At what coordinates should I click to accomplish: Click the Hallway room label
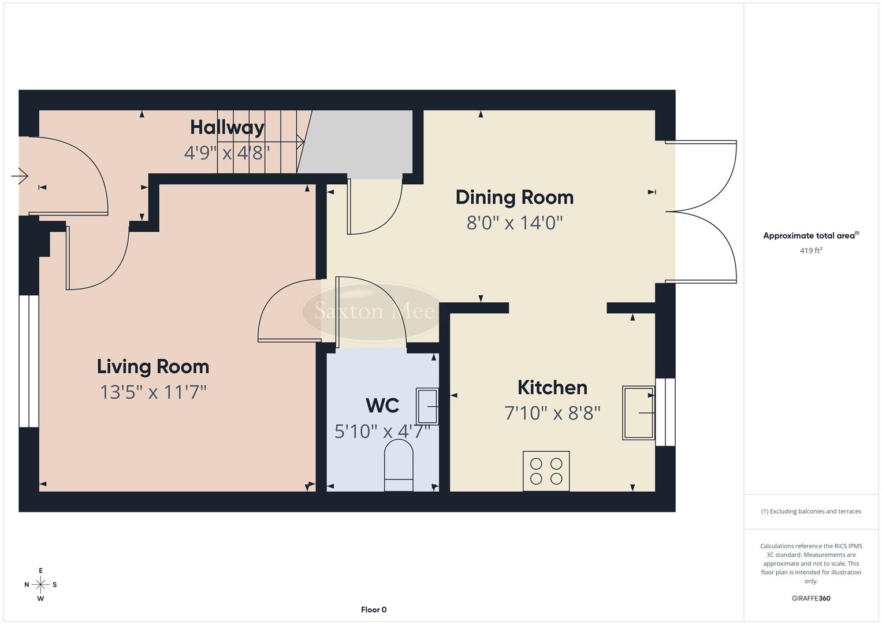click(227, 127)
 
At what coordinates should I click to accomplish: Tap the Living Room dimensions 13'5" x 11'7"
click(153, 392)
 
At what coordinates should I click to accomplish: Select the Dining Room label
click(514, 197)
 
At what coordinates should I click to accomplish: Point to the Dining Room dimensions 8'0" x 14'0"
click(514, 222)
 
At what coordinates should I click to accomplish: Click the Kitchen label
click(552, 387)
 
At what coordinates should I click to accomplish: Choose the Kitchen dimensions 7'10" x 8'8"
click(552, 413)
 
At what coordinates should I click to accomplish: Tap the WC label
click(382, 406)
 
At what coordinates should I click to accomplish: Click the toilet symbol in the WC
click(399, 465)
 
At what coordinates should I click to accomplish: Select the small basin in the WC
click(427, 406)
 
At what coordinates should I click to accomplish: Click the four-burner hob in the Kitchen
click(546, 471)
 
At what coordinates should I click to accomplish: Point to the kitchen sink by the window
click(638, 413)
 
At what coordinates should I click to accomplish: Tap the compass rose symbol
click(40, 585)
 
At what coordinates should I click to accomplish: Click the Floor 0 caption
click(374, 610)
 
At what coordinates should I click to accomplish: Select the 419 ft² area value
click(811, 251)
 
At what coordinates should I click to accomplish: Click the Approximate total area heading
click(811, 236)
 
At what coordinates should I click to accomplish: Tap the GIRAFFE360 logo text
click(811, 598)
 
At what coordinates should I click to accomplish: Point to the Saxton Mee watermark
click(374, 311)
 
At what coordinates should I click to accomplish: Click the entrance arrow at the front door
click(20, 175)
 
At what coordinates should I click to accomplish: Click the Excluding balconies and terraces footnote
click(811, 511)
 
